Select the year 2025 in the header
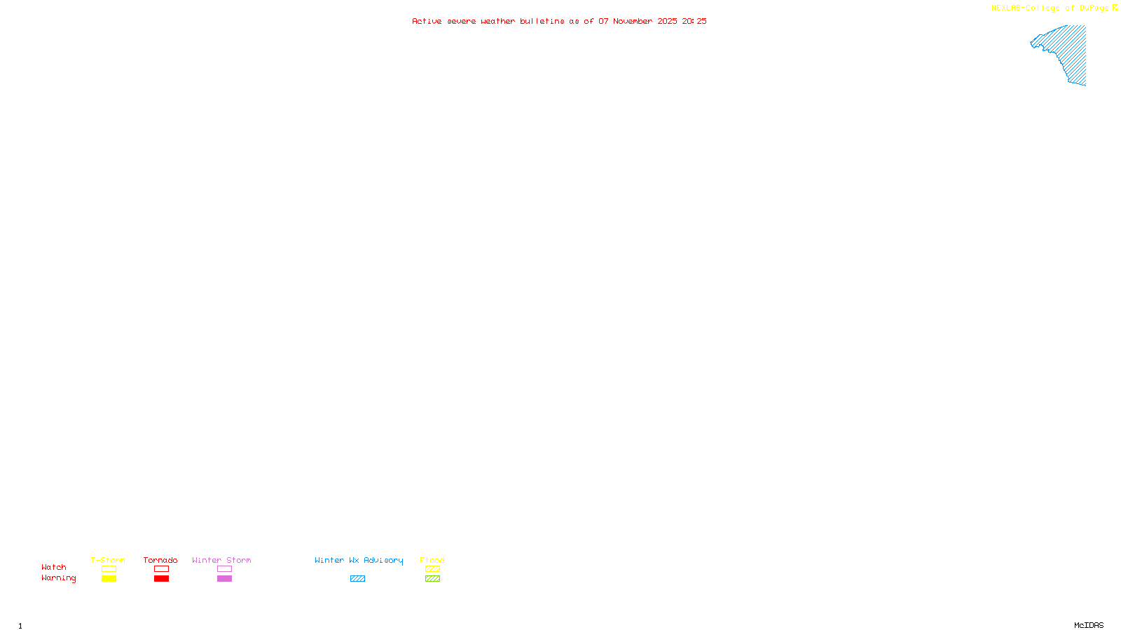click(667, 21)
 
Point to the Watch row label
click(54, 567)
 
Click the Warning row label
click(58, 578)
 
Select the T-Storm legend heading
click(108, 560)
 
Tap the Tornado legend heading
click(160, 560)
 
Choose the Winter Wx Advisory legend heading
click(359, 560)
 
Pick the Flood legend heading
click(432, 560)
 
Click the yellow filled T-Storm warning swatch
click(109, 579)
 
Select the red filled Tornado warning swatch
click(161, 579)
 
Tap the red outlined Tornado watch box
click(161, 569)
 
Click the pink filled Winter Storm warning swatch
click(224, 579)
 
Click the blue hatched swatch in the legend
click(357, 579)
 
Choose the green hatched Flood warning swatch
click(432, 579)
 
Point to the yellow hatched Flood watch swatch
click(432, 569)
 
